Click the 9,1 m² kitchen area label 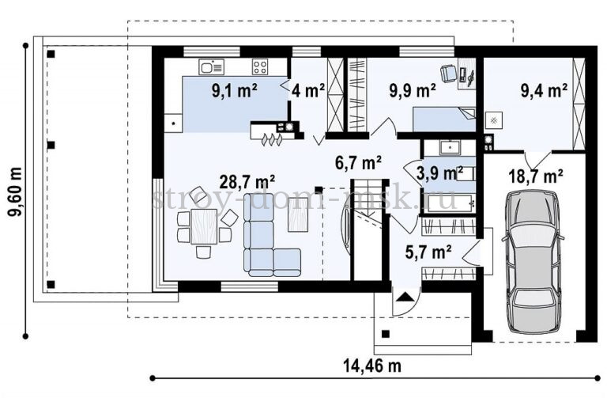[234, 91]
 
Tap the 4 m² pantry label [308, 91]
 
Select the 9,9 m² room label [413, 91]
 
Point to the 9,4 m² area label [544, 91]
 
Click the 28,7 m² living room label [247, 181]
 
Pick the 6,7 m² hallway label [359, 162]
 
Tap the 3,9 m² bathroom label [439, 173]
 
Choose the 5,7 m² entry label [428, 252]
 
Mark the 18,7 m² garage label [535, 176]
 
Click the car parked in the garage [533, 261]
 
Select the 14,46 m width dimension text [372, 366]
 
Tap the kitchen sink [212, 66]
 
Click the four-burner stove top [260, 66]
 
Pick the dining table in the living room [204, 226]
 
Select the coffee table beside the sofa [298, 214]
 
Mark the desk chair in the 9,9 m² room [449, 73]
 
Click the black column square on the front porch [386, 334]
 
